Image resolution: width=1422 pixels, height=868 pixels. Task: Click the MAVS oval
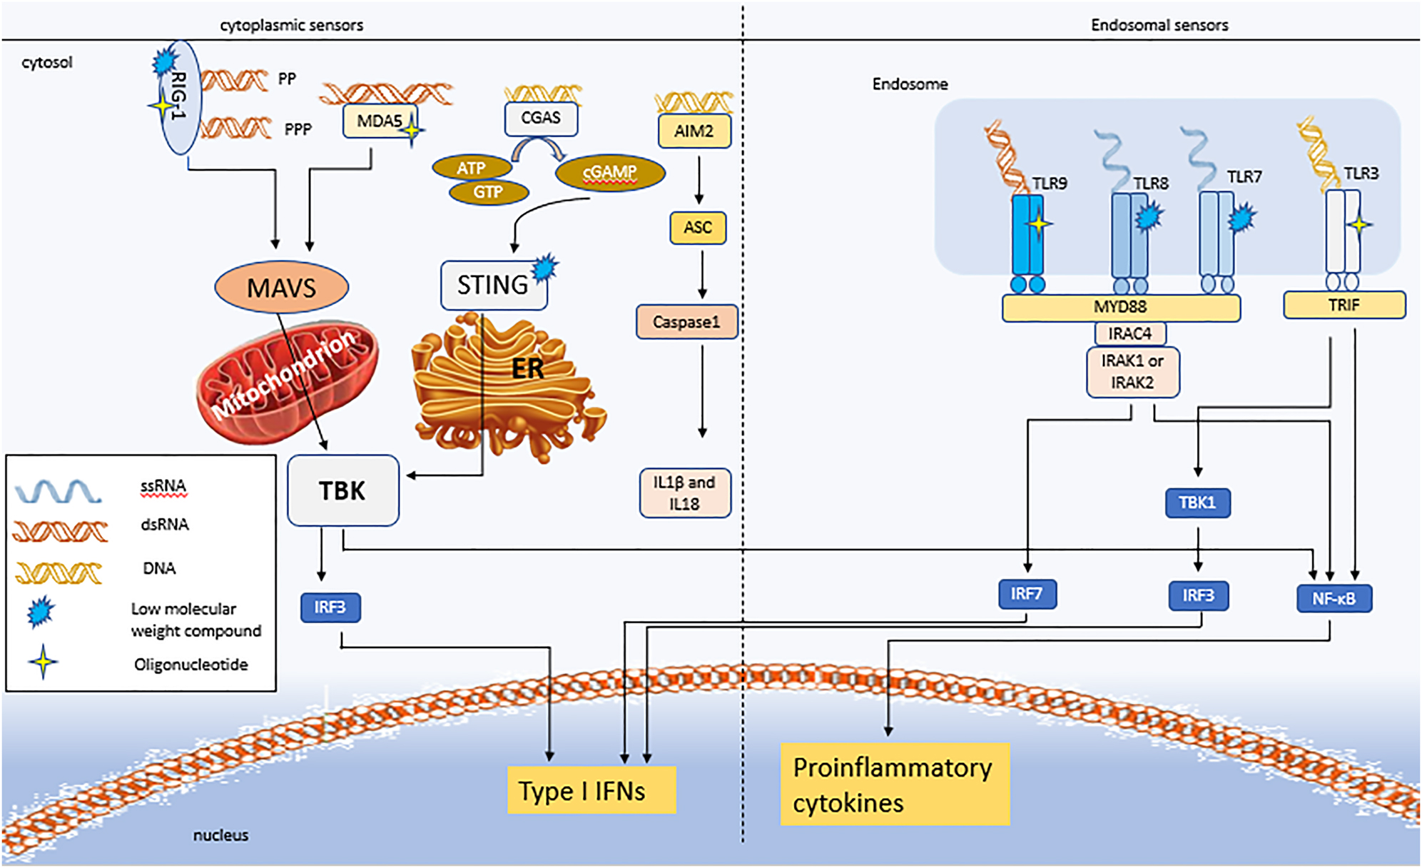point(281,288)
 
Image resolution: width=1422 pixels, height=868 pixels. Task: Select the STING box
point(493,286)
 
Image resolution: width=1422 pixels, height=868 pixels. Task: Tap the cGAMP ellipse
point(610,172)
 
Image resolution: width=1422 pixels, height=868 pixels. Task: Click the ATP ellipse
point(472,168)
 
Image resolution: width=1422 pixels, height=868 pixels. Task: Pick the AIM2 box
point(694,131)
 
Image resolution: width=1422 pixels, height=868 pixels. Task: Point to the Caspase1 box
point(686,322)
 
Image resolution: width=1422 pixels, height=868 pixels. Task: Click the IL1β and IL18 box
point(685,493)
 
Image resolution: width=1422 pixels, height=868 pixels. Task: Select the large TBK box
point(342,491)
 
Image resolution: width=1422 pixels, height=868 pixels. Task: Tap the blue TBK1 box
point(1197,503)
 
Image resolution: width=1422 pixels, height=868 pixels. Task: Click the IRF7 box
point(1027,594)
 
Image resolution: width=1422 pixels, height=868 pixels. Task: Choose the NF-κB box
point(1334,598)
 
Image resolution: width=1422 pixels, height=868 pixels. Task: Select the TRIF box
point(1344,305)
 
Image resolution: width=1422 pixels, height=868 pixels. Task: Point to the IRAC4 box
point(1130,333)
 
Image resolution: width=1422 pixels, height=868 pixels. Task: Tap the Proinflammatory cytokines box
point(894,784)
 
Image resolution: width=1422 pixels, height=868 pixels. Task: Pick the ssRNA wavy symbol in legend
point(59,491)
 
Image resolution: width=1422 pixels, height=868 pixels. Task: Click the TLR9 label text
point(1049,183)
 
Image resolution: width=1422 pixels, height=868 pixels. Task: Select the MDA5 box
point(380,121)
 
